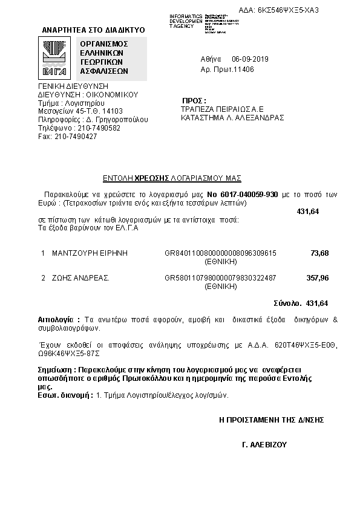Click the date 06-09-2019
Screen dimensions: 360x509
pos(250,59)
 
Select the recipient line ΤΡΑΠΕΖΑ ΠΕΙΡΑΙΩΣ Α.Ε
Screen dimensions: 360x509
pos(221,109)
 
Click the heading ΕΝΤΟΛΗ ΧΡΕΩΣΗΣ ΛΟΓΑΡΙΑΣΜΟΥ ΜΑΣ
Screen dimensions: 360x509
pos(172,178)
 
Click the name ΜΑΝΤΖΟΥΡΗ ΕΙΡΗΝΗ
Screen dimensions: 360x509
pos(91,253)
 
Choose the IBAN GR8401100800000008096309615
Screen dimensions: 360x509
pos(220,253)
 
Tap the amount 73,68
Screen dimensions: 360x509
pos(319,253)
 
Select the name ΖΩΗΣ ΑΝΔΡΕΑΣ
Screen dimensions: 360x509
pos(80,278)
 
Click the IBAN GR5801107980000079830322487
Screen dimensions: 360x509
pos(220,278)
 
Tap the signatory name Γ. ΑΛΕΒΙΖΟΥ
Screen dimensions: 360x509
pos(263,444)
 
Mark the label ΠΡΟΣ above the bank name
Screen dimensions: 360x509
pos(194,100)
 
